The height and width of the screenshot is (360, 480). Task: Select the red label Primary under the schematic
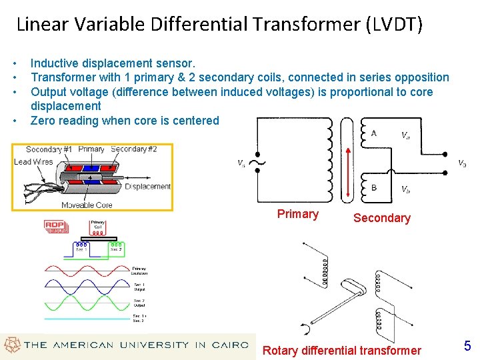pos(297,214)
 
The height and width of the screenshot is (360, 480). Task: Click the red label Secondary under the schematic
pos(381,218)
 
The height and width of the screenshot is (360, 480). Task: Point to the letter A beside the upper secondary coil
pos(373,133)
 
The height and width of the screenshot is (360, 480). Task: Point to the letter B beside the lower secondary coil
pos(373,187)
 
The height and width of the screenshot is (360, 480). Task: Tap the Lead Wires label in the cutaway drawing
pos(33,161)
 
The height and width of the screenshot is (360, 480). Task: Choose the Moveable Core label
pos(87,205)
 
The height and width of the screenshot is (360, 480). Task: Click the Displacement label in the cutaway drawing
pos(147,187)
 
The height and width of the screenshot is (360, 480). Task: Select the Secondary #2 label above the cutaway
pos(134,149)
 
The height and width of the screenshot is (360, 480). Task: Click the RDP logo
pos(55,226)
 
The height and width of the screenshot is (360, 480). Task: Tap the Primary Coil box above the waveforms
pos(99,228)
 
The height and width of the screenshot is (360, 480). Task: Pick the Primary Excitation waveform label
pos(139,270)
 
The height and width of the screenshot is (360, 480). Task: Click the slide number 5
pos(467,346)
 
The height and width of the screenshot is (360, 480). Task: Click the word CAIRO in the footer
pos(230,345)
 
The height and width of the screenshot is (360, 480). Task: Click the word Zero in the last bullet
pos(43,121)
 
